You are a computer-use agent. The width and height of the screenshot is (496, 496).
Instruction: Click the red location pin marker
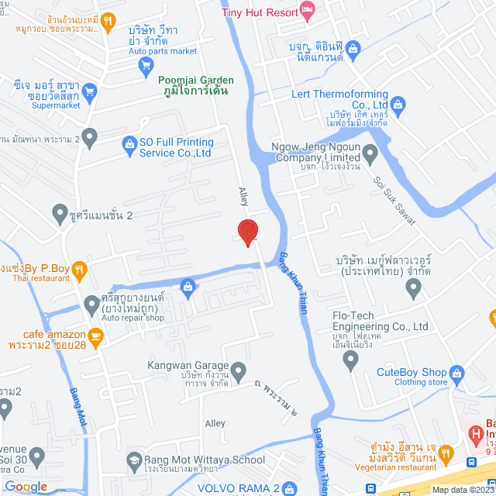point(247,232)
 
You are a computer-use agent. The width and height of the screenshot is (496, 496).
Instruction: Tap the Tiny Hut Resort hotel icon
point(307,10)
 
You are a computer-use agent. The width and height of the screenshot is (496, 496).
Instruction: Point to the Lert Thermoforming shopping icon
point(398,103)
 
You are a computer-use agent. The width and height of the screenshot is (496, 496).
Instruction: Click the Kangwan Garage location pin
point(239,367)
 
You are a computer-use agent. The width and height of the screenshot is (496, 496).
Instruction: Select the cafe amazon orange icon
point(95,336)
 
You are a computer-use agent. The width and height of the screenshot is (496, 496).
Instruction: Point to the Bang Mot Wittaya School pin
point(131,460)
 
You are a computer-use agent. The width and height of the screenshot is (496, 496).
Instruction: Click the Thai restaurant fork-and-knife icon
point(79,270)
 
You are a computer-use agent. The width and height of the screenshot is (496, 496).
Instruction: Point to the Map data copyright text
point(463,490)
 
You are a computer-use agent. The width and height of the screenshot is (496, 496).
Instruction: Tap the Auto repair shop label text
point(133,318)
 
